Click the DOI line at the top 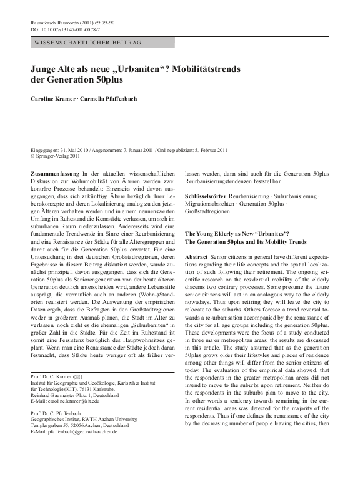66,29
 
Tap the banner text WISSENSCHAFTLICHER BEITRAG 87,42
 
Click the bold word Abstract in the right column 196,257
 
